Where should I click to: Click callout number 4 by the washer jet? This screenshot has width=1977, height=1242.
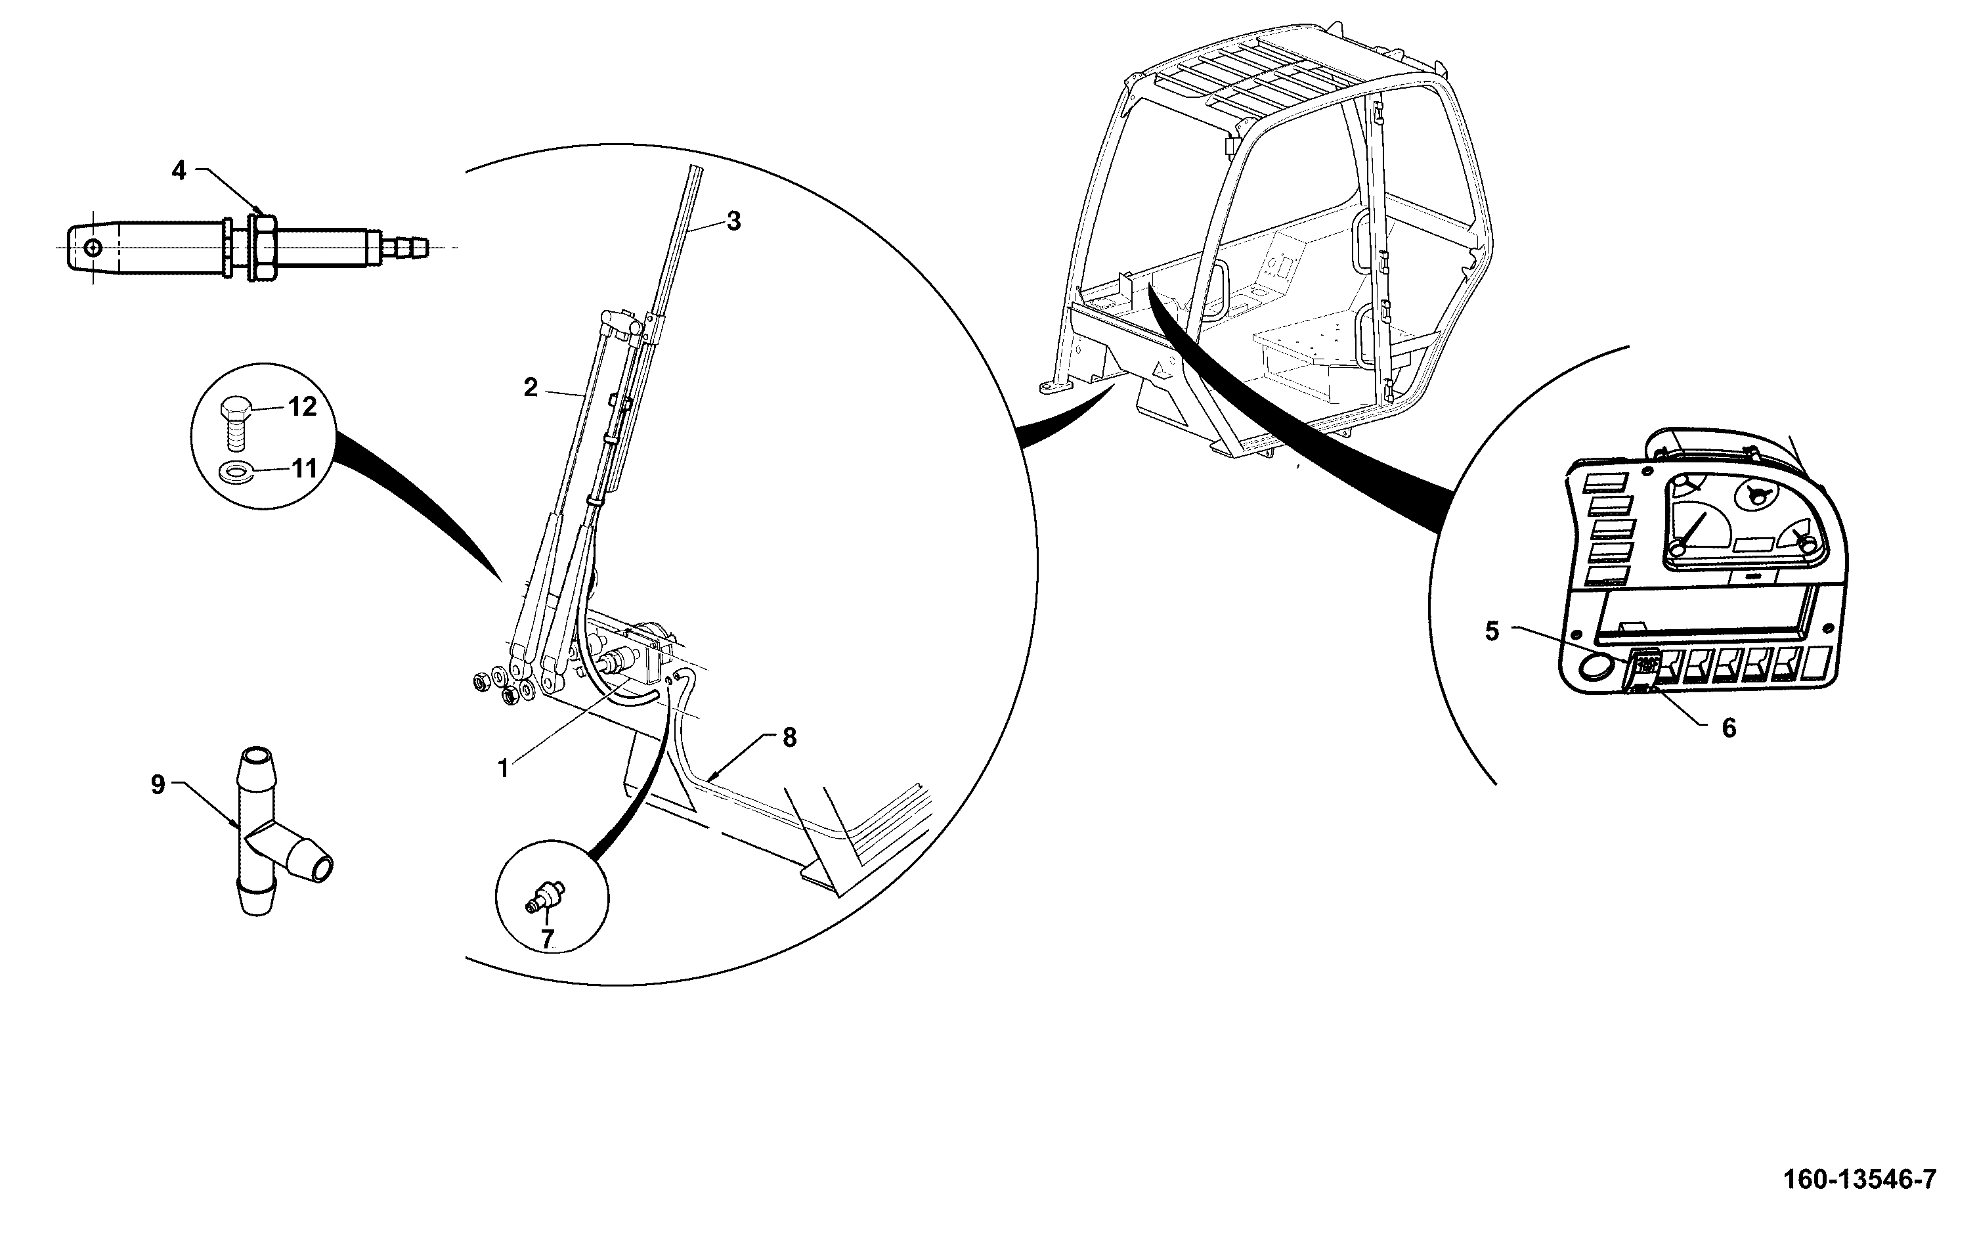click(x=179, y=170)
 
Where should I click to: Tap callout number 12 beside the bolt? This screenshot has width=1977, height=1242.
click(x=302, y=406)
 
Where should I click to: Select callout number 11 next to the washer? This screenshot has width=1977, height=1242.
click(x=304, y=469)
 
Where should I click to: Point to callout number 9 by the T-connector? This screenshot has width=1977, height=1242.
click(x=158, y=784)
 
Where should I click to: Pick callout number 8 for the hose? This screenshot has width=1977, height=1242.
click(x=789, y=738)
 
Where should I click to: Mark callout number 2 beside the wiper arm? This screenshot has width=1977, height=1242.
click(x=531, y=388)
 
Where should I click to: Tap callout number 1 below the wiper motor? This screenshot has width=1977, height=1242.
click(x=504, y=769)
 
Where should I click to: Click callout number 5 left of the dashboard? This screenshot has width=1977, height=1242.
click(x=1492, y=631)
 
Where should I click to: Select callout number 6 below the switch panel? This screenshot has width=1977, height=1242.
click(x=1728, y=728)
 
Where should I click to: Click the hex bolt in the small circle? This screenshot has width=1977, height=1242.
click(x=236, y=422)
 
